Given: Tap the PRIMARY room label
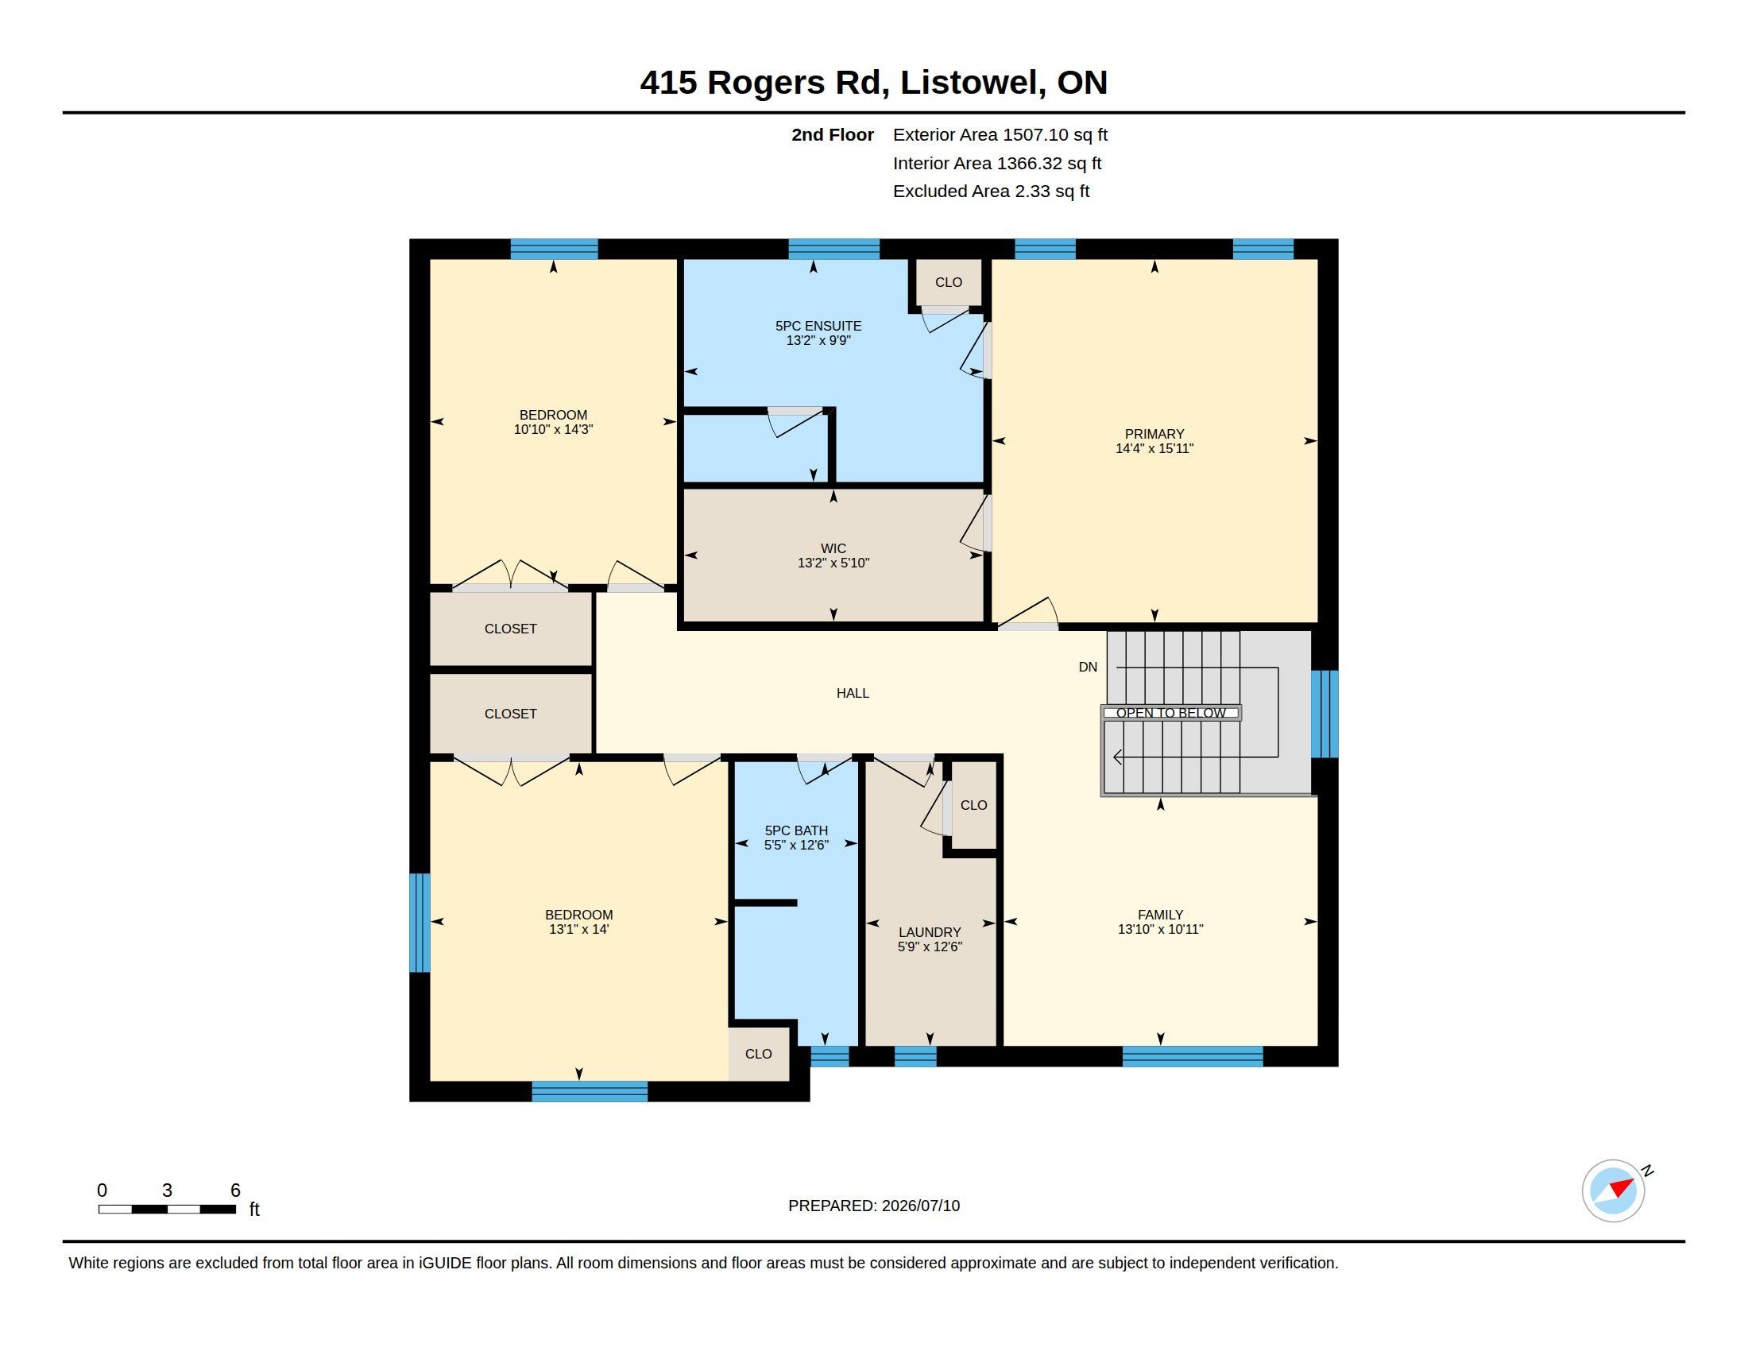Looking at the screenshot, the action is [1154, 434].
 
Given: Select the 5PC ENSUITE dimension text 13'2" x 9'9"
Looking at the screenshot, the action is [818, 340].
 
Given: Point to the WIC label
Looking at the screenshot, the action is [833, 548].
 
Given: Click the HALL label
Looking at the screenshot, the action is [853, 693].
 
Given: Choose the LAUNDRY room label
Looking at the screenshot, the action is [930, 932].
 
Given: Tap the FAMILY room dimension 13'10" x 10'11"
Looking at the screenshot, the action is [1161, 929].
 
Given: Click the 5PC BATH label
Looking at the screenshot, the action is [796, 830].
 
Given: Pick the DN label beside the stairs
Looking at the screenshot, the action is [1088, 667].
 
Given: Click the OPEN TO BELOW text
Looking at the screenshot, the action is [1171, 713].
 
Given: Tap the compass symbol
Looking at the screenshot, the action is [1614, 1191].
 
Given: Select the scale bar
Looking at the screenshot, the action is [168, 1210].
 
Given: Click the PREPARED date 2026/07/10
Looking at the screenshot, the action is [920, 1206].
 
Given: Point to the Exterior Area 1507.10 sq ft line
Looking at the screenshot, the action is [1000, 134].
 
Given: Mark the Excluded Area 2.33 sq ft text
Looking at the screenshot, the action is [991, 192].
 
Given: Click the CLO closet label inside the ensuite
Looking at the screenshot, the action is [949, 282].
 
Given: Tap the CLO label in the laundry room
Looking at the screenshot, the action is [974, 805].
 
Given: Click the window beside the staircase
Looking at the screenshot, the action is [1325, 714].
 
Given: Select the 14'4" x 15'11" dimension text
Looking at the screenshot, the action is [1154, 449].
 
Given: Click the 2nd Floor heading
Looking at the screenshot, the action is [833, 134].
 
